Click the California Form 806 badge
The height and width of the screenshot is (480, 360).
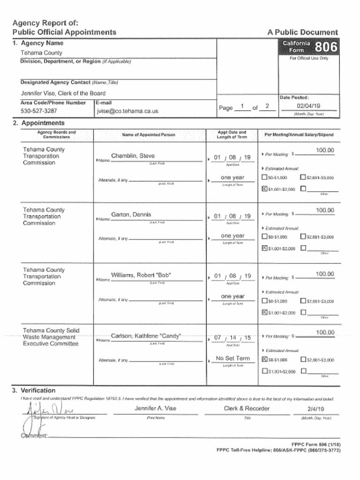click(309, 47)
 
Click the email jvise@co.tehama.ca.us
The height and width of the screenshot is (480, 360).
click(127, 111)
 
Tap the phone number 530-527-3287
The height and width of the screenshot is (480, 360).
click(39, 111)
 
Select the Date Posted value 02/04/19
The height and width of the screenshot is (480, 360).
click(308, 106)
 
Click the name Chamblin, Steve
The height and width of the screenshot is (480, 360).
click(133, 156)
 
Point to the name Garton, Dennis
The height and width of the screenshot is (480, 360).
click(131, 215)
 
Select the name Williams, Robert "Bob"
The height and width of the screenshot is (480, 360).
click(141, 275)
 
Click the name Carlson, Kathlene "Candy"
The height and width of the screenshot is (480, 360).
click(146, 336)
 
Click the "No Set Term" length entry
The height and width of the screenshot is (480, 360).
click(232, 359)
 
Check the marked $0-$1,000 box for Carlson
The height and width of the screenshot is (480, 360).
click(264, 360)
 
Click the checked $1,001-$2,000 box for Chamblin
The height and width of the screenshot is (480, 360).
click(264, 189)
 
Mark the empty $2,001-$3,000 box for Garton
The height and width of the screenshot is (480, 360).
click(303, 237)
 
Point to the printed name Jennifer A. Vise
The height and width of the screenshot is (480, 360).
click(156, 408)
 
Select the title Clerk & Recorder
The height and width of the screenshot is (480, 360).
click(247, 408)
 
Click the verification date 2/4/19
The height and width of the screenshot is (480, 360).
click(315, 409)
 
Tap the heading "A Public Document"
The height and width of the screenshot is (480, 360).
click(302, 32)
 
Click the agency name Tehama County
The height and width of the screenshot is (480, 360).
click(41, 53)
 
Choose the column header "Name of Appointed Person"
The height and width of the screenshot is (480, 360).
click(149, 135)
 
